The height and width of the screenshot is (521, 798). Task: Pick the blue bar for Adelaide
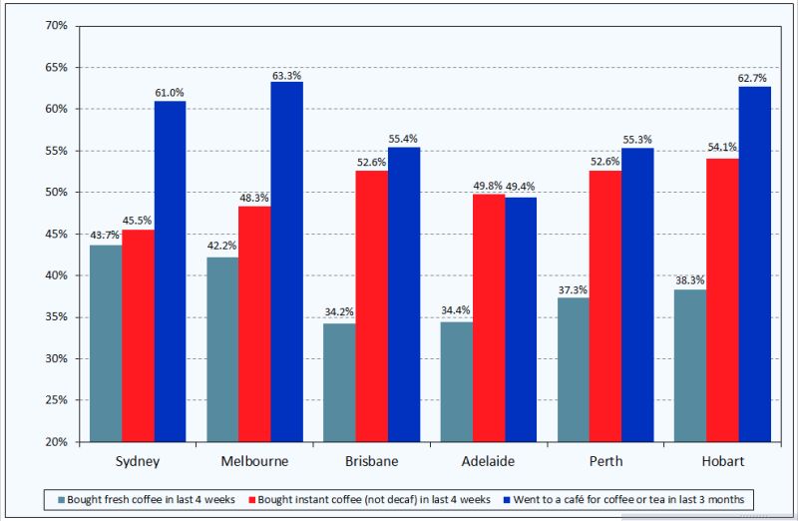pos(520,319)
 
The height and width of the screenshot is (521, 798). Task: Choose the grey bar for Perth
pos(573,369)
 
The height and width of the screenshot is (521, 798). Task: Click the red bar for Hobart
pos(722,299)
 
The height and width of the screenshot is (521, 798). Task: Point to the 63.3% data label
pos(286,74)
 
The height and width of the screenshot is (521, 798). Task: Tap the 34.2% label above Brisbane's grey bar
pos(339,312)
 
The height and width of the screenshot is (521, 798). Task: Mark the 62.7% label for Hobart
pos(754,78)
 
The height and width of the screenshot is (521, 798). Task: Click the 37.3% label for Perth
pos(573,289)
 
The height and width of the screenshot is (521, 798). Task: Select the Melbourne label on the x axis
pos(254,462)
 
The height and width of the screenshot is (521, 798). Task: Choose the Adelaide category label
pos(488,462)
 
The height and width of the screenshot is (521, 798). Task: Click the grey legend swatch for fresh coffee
pos(62,498)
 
